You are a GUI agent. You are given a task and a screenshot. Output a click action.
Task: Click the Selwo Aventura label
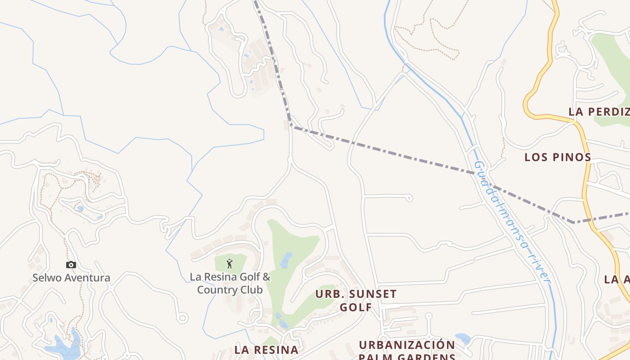coord(71,278)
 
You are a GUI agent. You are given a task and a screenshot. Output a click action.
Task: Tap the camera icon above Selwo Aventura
coord(71,265)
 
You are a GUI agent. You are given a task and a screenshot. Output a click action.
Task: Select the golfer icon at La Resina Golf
coord(230,263)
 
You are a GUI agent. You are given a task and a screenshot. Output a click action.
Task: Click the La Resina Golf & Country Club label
coord(230,283)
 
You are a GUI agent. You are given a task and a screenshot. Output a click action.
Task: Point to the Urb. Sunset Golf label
coord(356,301)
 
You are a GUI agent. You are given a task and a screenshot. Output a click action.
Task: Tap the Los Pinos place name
coord(558,157)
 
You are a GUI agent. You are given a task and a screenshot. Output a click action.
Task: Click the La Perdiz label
coord(598,112)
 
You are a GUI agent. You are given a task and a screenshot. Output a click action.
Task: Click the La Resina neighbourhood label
coord(266,350)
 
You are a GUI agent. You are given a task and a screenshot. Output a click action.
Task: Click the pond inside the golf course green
coord(286,260)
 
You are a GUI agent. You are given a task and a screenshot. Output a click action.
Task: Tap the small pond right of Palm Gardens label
coord(463,338)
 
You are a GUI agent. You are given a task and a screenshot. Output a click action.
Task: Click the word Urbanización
coord(407,345)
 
